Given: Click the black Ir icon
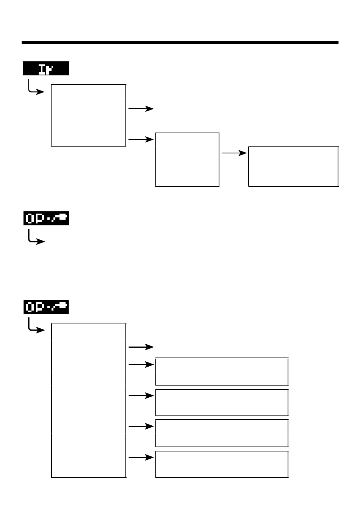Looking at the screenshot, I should coord(46,69).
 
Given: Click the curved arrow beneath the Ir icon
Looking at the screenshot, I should coord(36,87).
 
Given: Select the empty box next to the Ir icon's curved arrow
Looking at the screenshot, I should coord(88,115).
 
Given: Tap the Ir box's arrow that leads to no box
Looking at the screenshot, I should coord(141,109).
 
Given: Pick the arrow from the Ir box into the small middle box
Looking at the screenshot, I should coord(141,139).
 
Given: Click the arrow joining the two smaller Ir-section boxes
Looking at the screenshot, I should coord(234,153).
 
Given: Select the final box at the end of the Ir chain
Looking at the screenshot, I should coord(293,166).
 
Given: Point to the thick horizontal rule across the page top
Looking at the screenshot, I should coord(180,43).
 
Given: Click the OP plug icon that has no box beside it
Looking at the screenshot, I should coord(46,219).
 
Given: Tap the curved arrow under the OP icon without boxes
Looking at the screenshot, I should coord(36,238).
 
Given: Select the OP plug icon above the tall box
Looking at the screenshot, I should coord(46,307).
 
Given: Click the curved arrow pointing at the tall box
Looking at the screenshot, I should coord(36,326).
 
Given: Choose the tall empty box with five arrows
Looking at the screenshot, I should coord(88,400).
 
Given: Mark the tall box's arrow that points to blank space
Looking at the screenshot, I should coord(141,347).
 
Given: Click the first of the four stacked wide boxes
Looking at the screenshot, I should coord(222,371).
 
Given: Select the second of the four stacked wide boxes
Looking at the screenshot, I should coord(222,402).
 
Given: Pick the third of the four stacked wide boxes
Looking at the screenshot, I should coord(222,433).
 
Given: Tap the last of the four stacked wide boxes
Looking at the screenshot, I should coord(222,464).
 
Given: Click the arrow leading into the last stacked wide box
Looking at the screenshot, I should coord(141,458).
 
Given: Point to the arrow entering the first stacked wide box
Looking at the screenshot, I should coord(141,365).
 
